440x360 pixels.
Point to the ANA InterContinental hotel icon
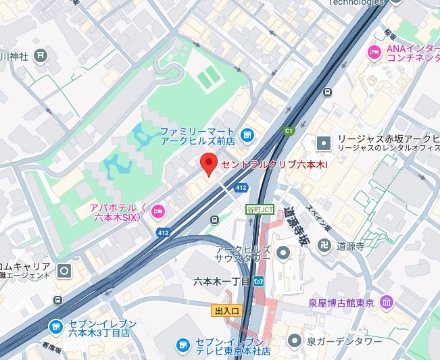pyautogui.click(x=373, y=52)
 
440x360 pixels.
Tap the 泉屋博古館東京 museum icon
pyautogui.click(x=386, y=301)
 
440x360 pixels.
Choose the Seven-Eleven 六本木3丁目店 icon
pyautogui.click(x=55, y=327)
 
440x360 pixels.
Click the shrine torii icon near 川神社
pyautogui.click(x=41, y=54)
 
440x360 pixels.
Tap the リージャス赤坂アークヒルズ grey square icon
pyautogui.click(x=324, y=143)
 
